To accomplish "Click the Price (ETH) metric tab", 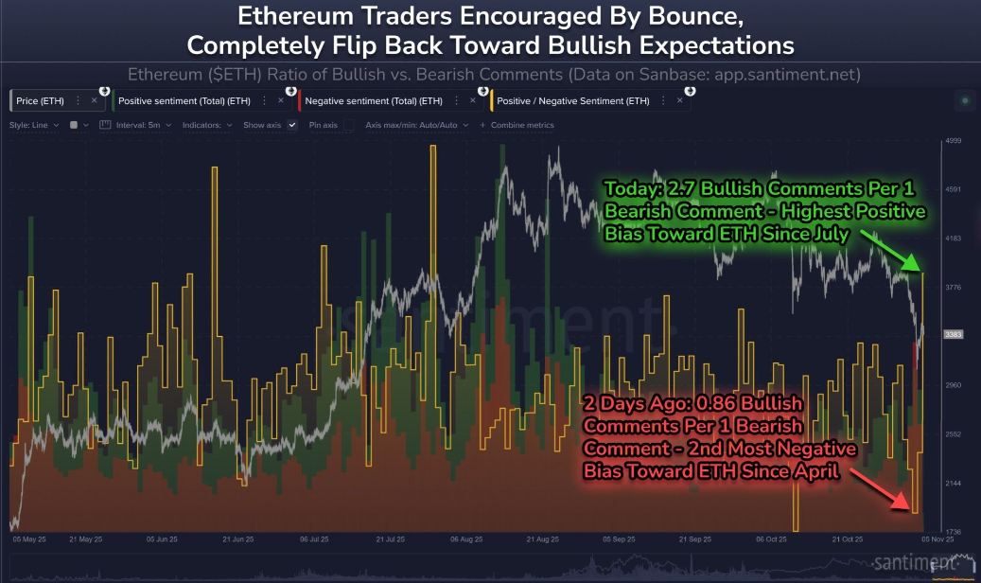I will tap(41, 100).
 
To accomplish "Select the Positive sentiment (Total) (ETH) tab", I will tap(184, 100).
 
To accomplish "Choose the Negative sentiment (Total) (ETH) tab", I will tap(374, 100).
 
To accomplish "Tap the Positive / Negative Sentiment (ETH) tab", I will tap(572, 100).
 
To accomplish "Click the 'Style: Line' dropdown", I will tap(34, 125).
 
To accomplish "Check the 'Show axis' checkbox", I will tap(292, 125).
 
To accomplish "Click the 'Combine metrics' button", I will tap(521, 125).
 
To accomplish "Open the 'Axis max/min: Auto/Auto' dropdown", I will tap(416, 125).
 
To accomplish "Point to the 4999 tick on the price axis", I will tap(953, 141).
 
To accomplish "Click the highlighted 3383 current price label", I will tap(953, 335).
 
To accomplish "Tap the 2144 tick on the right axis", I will tap(953, 483).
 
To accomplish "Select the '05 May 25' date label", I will tap(29, 539).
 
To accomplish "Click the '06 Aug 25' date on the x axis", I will tap(466, 539).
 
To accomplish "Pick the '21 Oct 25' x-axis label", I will tap(848, 539).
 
